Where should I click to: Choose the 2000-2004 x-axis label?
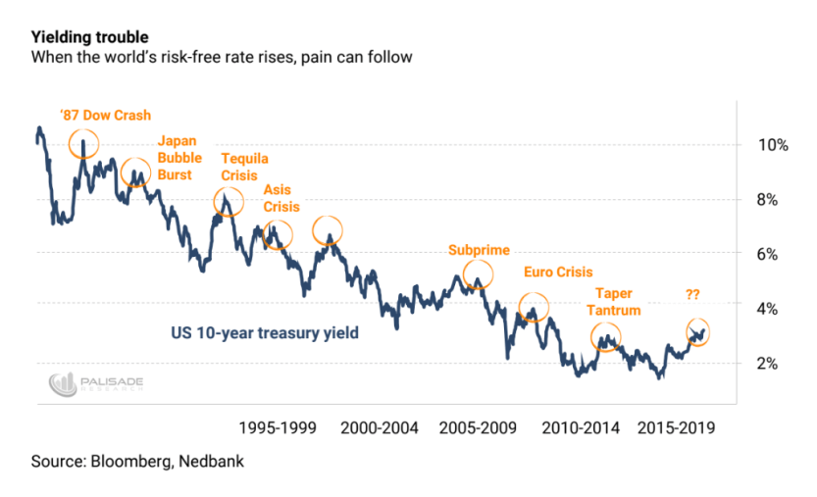(x=382, y=428)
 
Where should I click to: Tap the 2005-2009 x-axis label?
(x=480, y=428)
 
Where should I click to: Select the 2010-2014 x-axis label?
(x=578, y=428)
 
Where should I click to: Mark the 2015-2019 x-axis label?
(x=676, y=428)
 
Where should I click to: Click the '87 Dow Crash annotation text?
(x=105, y=115)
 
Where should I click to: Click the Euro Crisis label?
(x=559, y=273)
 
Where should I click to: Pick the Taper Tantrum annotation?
(x=614, y=302)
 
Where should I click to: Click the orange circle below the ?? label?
(x=697, y=331)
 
